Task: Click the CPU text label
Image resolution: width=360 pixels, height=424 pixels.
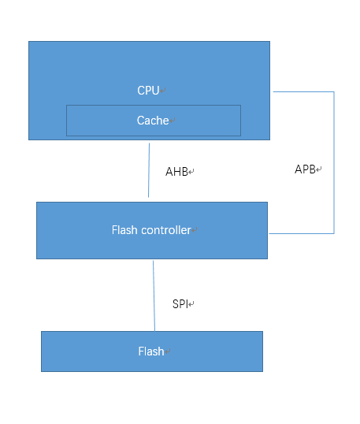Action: (x=148, y=91)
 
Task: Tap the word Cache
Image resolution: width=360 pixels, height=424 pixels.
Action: (x=153, y=121)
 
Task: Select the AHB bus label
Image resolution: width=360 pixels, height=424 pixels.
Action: (x=176, y=171)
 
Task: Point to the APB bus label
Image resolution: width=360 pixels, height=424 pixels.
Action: (x=306, y=169)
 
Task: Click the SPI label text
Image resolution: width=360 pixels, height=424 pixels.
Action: (x=180, y=303)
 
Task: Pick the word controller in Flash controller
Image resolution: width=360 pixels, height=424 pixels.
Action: (x=166, y=230)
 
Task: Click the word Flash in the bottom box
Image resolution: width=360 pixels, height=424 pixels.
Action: (x=150, y=351)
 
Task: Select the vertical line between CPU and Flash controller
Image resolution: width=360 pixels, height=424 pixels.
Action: (x=149, y=169)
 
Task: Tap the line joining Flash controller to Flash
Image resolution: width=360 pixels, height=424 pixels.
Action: (x=154, y=296)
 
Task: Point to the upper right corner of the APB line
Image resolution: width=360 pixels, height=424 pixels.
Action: (x=334, y=92)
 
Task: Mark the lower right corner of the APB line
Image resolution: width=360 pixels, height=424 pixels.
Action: (x=334, y=233)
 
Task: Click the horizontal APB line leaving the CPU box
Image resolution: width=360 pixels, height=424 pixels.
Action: (x=303, y=92)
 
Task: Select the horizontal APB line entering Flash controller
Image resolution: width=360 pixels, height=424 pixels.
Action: (x=301, y=233)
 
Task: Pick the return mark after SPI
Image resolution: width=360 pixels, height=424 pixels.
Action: (x=191, y=304)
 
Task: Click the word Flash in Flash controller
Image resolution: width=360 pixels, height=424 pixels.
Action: (x=124, y=230)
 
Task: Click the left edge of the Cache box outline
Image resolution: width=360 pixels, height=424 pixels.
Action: (x=66, y=121)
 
